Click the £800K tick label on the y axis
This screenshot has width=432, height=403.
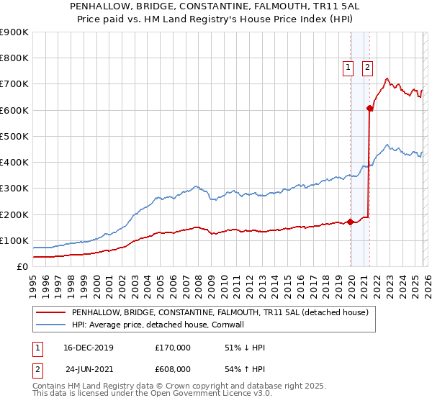[14, 58]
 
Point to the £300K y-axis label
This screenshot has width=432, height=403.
[14, 189]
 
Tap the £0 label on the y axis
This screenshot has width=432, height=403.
[22, 267]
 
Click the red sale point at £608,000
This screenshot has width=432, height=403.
[369, 109]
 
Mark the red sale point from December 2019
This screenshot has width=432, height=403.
[350, 222]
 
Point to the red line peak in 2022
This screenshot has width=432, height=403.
[387, 78]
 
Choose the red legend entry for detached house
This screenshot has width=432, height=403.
[220, 313]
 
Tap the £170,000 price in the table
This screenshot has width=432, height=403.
[173, 348]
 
